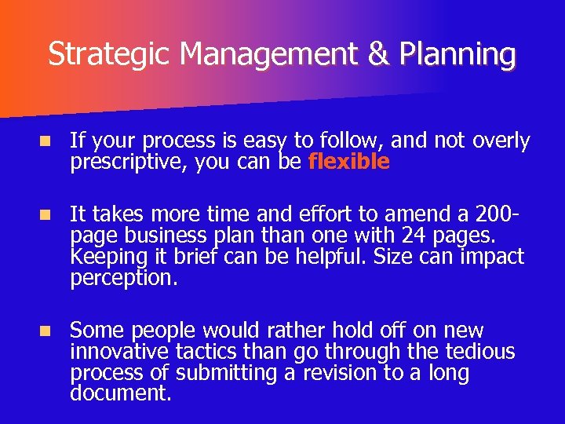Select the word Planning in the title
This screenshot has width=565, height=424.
[x=457, y=55]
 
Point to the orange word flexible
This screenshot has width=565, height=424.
[x=349, y=163]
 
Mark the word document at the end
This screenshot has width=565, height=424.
[x=120, y=393]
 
